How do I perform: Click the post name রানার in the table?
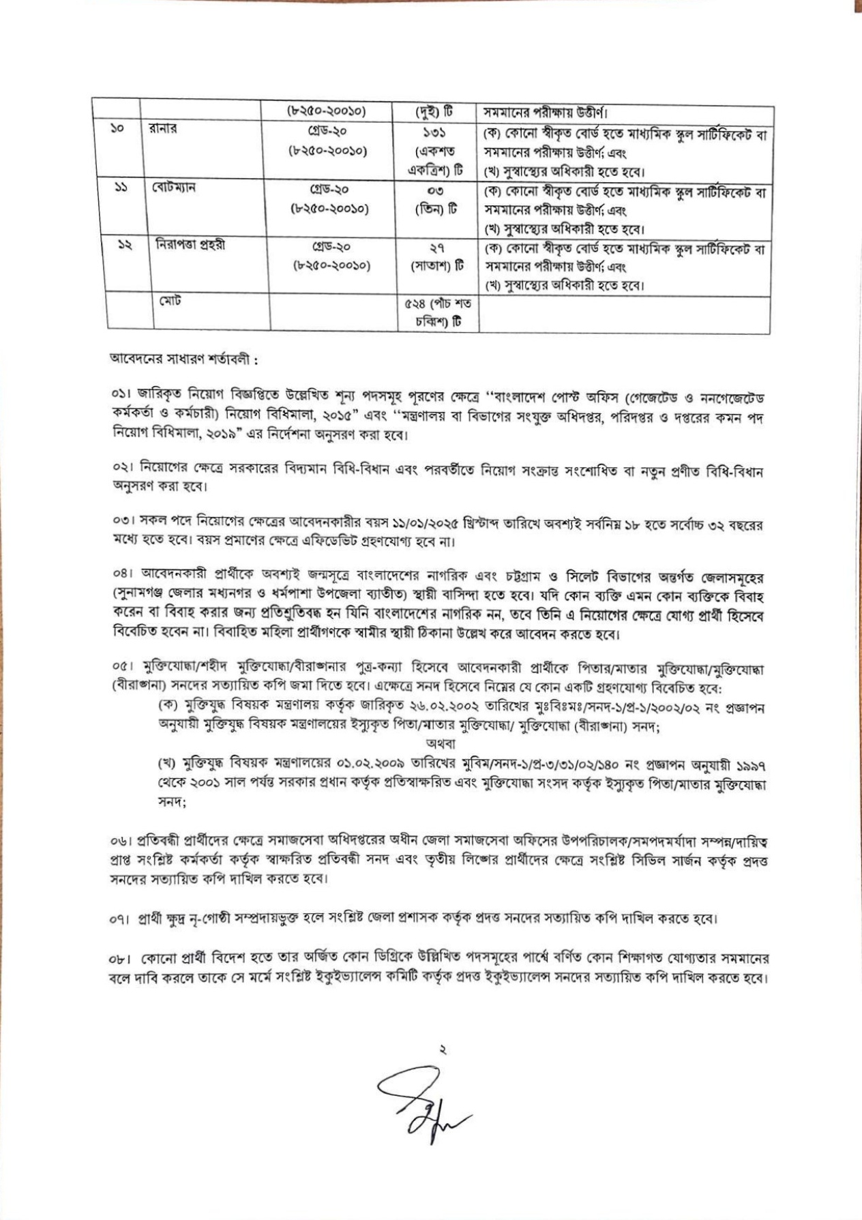(164, 130)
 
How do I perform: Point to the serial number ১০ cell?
(116, 130)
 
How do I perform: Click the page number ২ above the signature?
(443, 1051)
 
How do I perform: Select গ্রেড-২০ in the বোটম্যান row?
(330, 188)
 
